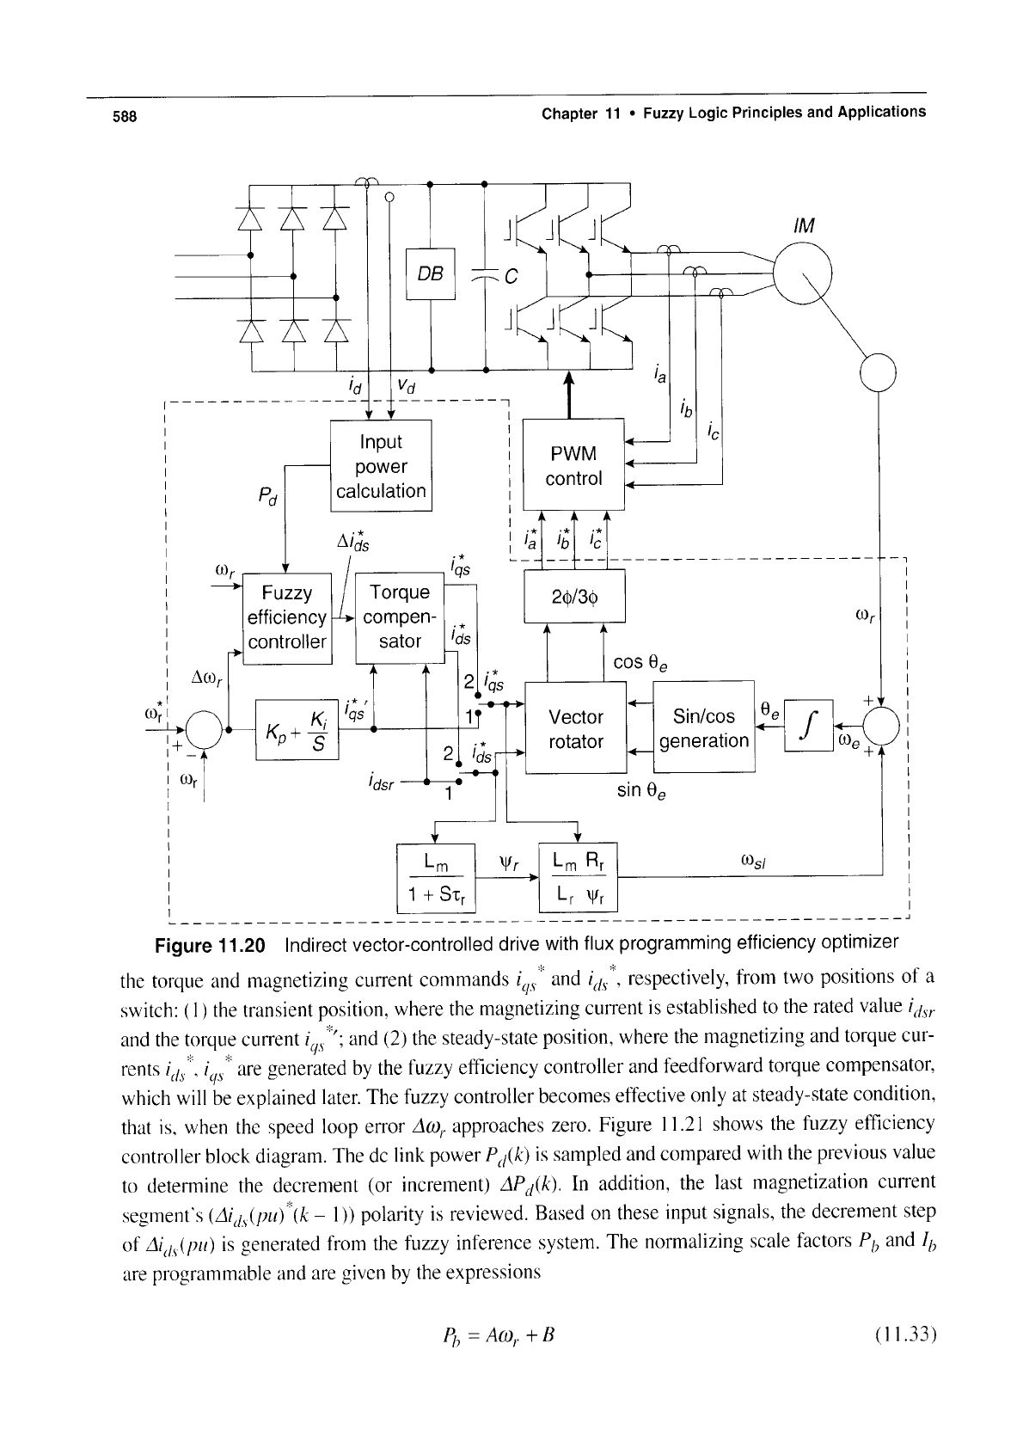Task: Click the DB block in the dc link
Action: [431, 273]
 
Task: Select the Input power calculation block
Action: [381, 465]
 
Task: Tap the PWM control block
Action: [573, 464]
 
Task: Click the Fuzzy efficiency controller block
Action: [287, 618]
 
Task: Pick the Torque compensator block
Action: [400, 617]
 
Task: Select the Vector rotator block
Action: [575, 728]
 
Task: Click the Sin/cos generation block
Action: [704, 727]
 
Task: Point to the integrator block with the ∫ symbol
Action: [808, 726]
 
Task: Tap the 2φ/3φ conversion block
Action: [574, 596]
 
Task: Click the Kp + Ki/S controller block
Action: [297, 730]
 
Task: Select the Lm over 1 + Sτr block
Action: [436, 879]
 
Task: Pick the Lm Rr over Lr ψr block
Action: [578, 877]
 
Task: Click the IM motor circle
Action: [803, 273]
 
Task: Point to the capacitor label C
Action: [512, 277]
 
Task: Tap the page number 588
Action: [125, 116]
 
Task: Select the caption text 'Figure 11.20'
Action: [210, 946]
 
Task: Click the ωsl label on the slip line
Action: [752, 861]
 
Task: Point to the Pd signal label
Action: [267, 496]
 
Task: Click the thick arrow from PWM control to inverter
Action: [569, 395]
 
